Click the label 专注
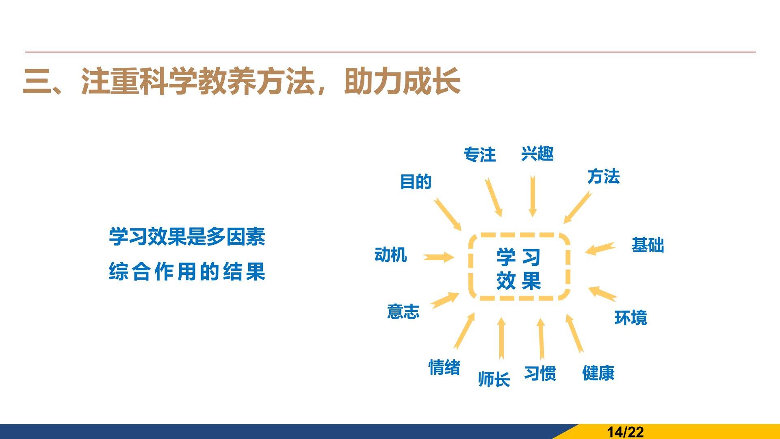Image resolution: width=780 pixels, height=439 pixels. pyautogui.click(x=480, y=155)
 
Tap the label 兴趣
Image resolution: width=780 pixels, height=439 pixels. pyautogui.click(x=537, y=154)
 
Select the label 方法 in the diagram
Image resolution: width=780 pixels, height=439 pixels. pyautogui.click(x=604, y=176)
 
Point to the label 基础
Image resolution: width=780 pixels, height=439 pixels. pyautogui.click(x=648, y=245)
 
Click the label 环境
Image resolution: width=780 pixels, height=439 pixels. pyautogui.click(x=631, y=318)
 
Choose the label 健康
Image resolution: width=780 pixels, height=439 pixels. pyautogui.click(x=598, y=373)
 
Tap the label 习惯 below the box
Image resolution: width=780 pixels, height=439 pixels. pyautogui.click(x=540, y=373)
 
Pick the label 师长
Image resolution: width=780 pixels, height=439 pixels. pyautogui.click(x=494, y=379)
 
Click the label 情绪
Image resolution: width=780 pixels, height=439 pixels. pyautogui.click(x=444, y=367)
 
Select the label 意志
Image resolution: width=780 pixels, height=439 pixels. pyautogui.click(x=403, y=311)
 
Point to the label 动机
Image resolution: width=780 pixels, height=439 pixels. pyautogui.click(x=391, y=255)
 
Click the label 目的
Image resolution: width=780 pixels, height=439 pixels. pyautogui.click(x=416, y=181)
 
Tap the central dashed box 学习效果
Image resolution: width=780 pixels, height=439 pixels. pyautogui.click(x=470, y=267)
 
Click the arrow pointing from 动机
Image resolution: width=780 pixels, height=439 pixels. pyautogui.click(x=438, y=257)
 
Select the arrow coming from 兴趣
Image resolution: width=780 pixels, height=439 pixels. pyautogui.click(x=533, y=196)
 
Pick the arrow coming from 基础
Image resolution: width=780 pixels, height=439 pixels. pyautogui.click(x=600, y=248)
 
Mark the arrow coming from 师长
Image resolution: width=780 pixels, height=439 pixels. pyautogui.click(x=501, y=338)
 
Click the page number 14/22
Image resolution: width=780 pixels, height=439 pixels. pyautogui.click(x=625, y=432)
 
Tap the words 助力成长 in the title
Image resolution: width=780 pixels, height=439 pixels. pyautogui.click(x=403, y=81)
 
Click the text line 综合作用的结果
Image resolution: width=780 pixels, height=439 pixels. pyautogui.click(x=187, y=272)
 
